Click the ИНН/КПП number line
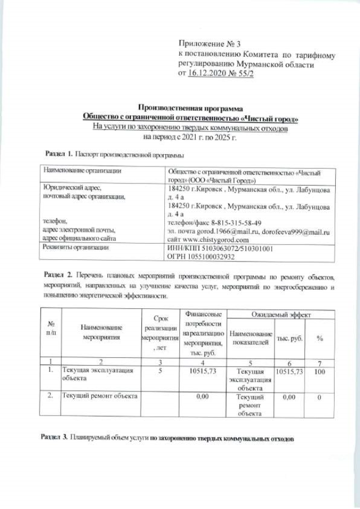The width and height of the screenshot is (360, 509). [x=220, y=248]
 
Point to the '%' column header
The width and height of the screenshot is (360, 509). [x=319, y=338]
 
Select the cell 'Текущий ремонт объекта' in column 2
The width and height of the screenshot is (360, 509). [x=100, y=396]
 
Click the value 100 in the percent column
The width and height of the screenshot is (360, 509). [x=319, y=372]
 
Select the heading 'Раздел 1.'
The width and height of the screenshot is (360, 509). [x=58, y=154]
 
